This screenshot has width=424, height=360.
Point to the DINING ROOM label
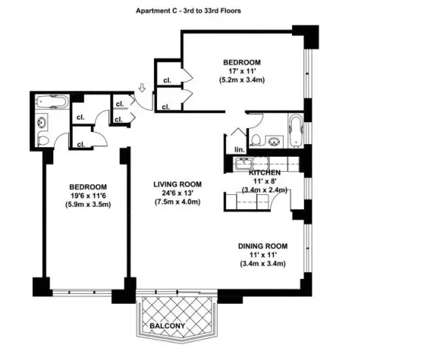tap(263, 246)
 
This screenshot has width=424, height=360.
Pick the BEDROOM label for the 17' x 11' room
tap(242, 61)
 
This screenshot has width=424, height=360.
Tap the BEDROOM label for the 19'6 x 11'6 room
tap(88, 187)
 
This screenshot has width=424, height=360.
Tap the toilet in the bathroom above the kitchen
tap(256, 139)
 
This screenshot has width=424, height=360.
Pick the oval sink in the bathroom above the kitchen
tap(273, 140)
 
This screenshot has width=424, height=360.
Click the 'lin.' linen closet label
tap(239, 150)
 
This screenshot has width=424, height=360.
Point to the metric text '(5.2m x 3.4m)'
tap(242, 79)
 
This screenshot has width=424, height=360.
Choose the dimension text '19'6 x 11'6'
tap(88, 196)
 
